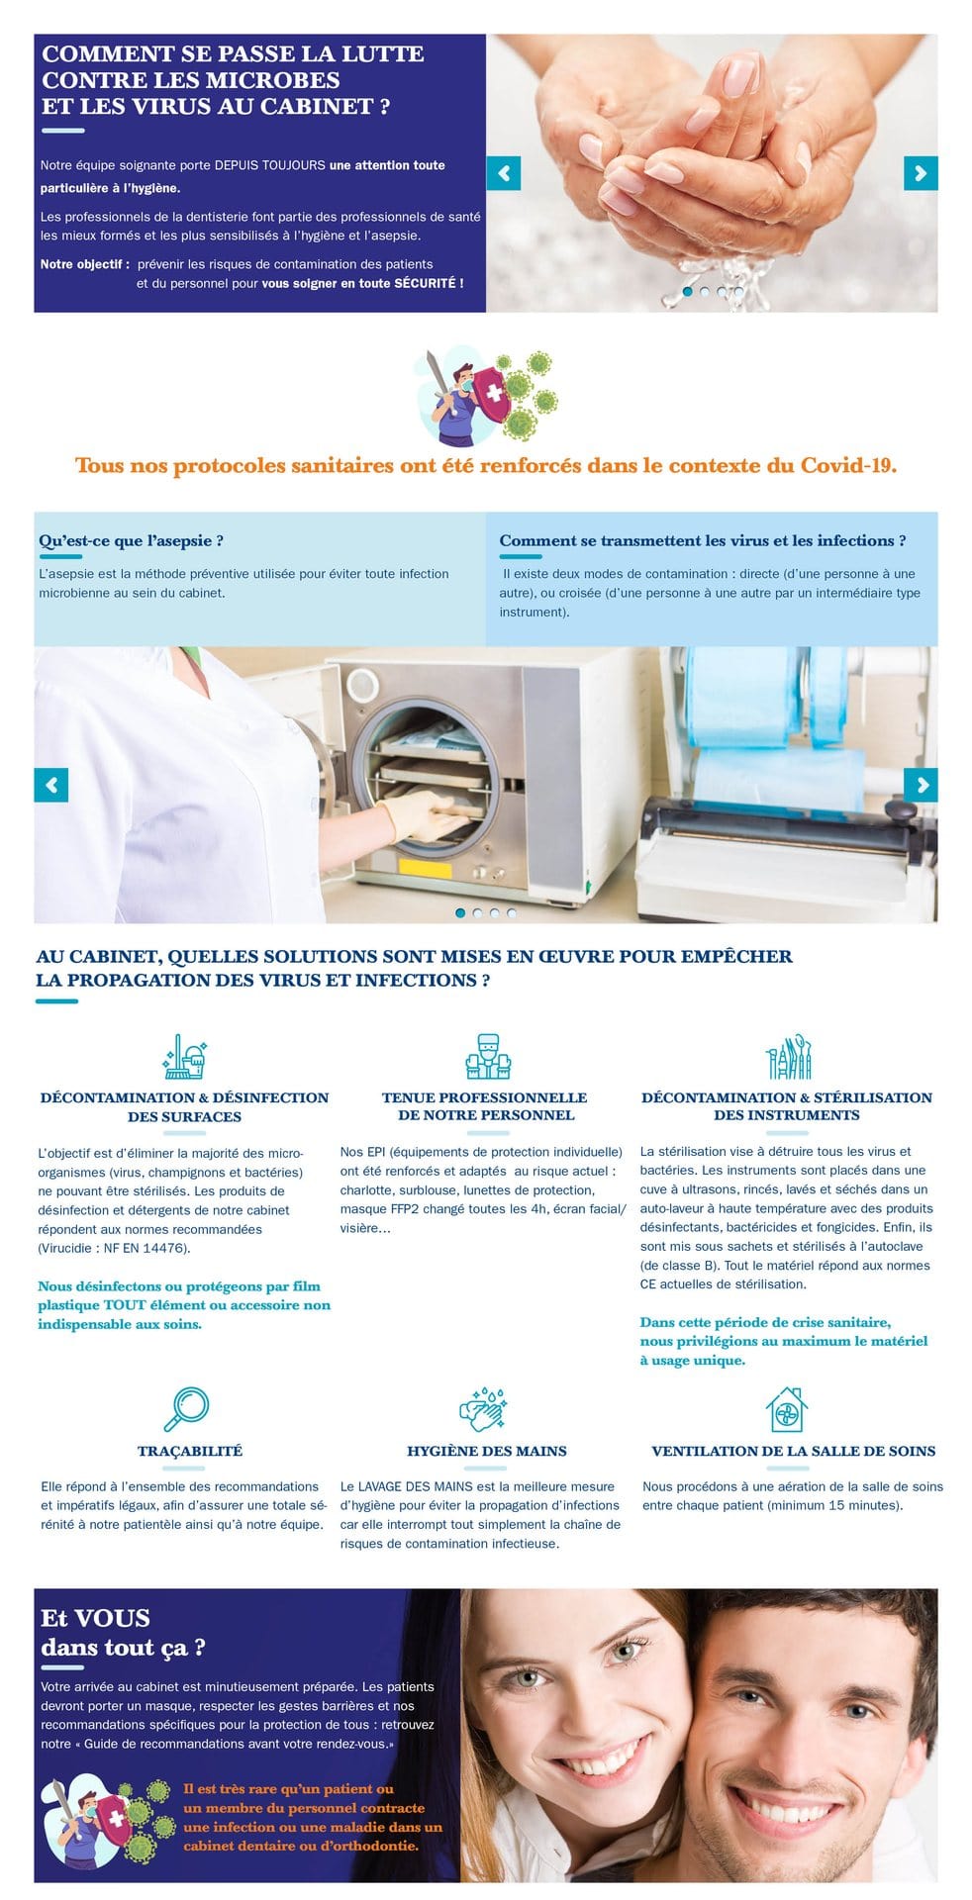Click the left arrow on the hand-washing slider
tap(503, 173)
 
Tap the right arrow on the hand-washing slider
tap(920, 173)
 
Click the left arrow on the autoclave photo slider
tap(51, 785)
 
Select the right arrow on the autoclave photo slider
tap(920, 785)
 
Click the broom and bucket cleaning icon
tap(184, 1057)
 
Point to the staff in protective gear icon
tap(487, 1057)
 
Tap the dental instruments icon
tap(789, 1057)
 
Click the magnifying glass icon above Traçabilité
tap(186, 1409)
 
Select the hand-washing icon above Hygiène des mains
tap(485, 1409)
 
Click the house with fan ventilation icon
tap(786, 1409)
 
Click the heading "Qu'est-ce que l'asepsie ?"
tap(131, 540)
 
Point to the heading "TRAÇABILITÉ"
tap(190, 1451)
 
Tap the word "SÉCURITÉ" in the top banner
tap(425, 283)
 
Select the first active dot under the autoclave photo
tap(460, 912)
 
